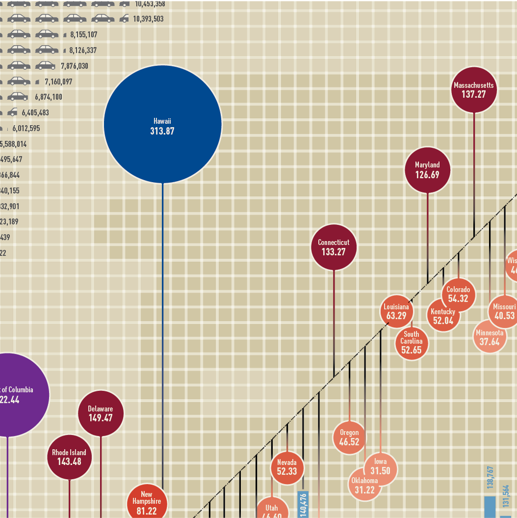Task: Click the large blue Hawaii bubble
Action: (162, 124)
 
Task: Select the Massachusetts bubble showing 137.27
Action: (474, 90)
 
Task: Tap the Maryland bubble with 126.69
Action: (427, 170)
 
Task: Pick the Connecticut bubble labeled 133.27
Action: (334, 247)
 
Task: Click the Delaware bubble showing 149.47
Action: (101, 413)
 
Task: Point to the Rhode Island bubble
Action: (69, 457)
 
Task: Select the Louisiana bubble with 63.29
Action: (396, 311)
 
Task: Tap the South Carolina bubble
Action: (412, 342)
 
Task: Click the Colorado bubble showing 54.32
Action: (459, 294)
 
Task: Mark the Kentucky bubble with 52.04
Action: (443, 316)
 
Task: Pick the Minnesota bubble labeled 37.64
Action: (489, 337)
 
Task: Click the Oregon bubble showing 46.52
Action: (349, 437)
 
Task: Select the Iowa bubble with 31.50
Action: (381, 466)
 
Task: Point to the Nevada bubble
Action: (287, 467)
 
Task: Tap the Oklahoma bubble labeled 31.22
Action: (363, 485)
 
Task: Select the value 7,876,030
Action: (75, 66)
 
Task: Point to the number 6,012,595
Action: (26, 129)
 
